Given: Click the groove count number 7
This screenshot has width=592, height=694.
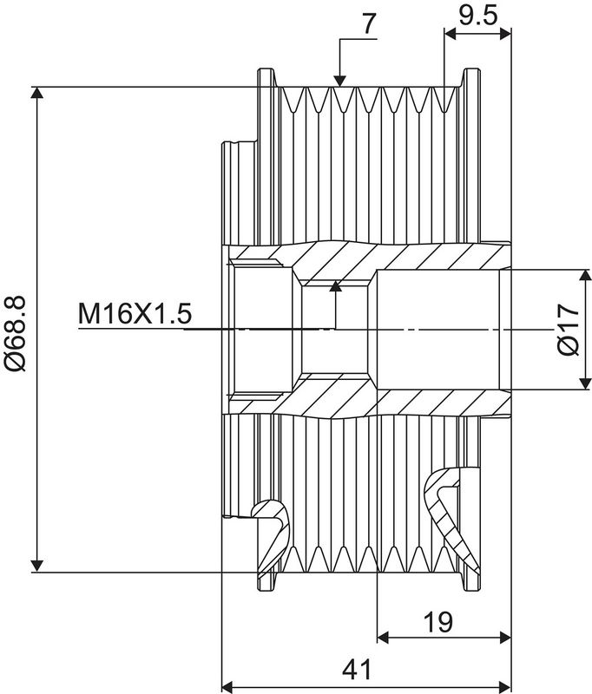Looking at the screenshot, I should pyautogui.click(x=369, y=23).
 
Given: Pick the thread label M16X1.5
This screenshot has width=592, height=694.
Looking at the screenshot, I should pyautogui.click(x=134, y=313).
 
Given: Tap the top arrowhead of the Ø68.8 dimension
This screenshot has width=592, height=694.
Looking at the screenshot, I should pyautogui.click(x=36, y=95).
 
